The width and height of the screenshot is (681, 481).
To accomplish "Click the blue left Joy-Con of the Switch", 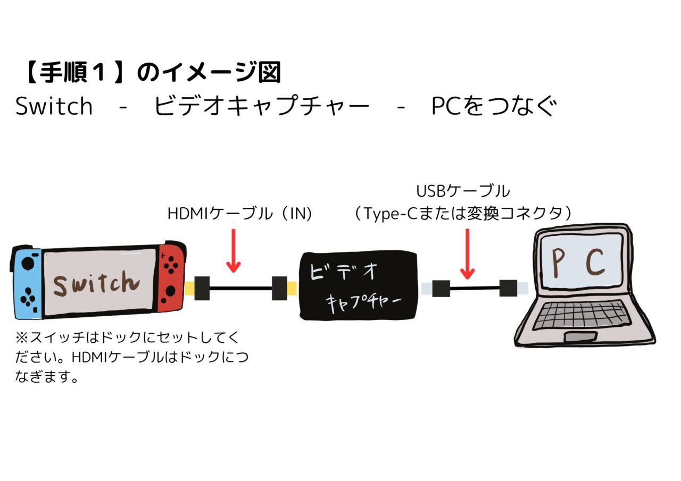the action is point(28,283).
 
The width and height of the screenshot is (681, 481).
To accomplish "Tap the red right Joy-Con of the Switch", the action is point(171,278).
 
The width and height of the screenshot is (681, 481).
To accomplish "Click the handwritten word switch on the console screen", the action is point(96,283).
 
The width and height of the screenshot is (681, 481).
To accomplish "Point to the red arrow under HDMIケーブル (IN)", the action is point(234,251).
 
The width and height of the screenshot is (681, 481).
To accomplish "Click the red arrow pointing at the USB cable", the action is point(468,254).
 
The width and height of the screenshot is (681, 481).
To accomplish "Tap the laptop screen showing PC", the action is point(582,264).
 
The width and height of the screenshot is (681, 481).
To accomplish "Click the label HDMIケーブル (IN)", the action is point(239,214).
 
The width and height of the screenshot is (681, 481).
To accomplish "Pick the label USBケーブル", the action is point(463,191).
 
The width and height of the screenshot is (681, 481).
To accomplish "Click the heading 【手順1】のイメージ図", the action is point(152,72).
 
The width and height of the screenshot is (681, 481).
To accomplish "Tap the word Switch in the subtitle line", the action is point(54,106).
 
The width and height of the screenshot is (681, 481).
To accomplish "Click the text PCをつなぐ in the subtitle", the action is point(494,106).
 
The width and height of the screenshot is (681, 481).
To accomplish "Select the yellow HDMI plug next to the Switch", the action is point(190,288).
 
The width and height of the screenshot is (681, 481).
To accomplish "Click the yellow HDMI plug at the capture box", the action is point(292,288).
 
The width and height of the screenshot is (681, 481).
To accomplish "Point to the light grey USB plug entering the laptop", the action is point(522,288).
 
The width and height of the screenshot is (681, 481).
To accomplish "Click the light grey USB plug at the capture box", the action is point(427,288).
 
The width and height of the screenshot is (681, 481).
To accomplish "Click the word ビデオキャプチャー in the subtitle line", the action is point(262,106).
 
